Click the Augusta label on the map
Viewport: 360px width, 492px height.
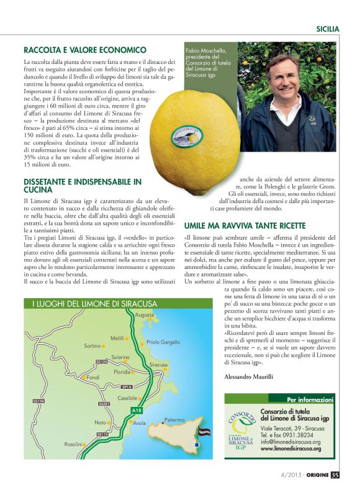tap(144, 315)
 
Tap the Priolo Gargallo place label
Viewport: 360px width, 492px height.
tap(163, 342)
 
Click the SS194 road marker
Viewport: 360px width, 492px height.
tap(38, 401)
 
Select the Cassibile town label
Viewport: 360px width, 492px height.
tap(127, 398)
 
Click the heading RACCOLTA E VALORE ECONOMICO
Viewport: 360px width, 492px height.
tap(85, 50)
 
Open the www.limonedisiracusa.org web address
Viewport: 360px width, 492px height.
tap(291, 449)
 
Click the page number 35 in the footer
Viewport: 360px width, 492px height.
tap(335, 475)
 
